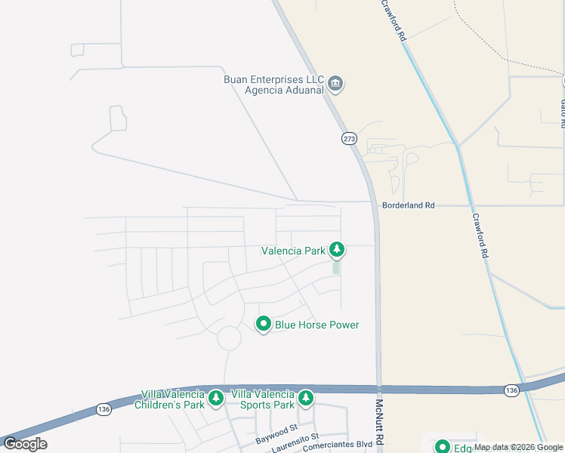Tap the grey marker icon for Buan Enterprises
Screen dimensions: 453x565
tap(337, 83)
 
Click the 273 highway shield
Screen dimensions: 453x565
tap(348, 138)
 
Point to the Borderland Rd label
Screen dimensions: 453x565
tap(409, 205)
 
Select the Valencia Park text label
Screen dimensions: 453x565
tap(293, 251)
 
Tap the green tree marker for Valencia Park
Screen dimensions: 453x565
tap(337, 250)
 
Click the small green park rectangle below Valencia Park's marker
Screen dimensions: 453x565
tap(336, 267)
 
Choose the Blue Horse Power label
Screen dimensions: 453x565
tap(316, 325)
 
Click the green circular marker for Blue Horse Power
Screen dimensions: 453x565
tap(264, 324)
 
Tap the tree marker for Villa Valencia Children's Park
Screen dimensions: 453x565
tap(216, 397)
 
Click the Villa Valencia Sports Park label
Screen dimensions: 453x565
tap(263, 399)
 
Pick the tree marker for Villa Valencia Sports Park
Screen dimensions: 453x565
tap(306, 397)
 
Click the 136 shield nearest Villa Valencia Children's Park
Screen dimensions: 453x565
tap(103, 408)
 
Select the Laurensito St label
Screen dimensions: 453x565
tap(295, 438)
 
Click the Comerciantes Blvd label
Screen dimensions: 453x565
tap(338, 446)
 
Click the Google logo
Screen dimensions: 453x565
tap(26, 444)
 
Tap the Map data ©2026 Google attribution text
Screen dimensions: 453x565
tap(519, 448)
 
